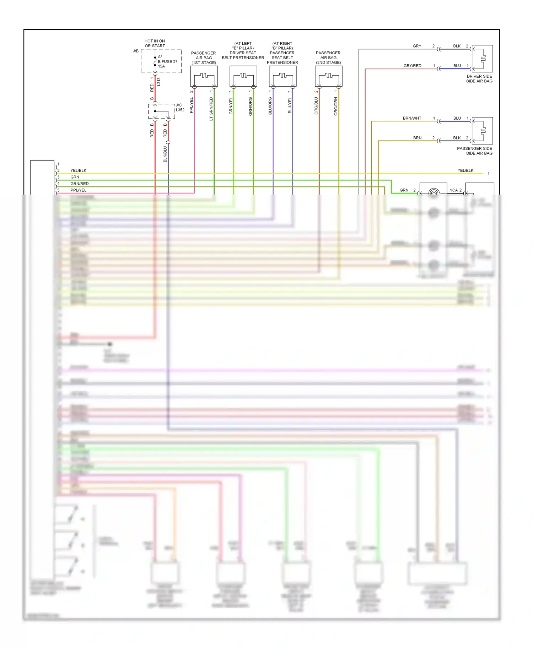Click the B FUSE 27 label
point(167,61)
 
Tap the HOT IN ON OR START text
point(155,43)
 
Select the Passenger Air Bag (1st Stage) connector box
point(204,76)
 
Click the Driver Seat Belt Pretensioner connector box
point(243,76)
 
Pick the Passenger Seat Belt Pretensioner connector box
point(283,76)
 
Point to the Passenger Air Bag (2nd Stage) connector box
point(329,76)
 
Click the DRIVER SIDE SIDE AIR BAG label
point(479,78)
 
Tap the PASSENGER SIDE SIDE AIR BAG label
point(474,151)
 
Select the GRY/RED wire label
point(412,66)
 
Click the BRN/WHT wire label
point(412,118)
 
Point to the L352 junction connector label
point(180,110)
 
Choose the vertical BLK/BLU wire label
point(165,154)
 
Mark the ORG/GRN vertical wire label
point(336,107)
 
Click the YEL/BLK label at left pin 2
point(78,170)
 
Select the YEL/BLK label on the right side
point(465,170)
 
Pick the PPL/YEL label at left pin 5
point(78,190)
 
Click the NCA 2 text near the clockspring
point(455,190)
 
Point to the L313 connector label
point(159,82)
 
